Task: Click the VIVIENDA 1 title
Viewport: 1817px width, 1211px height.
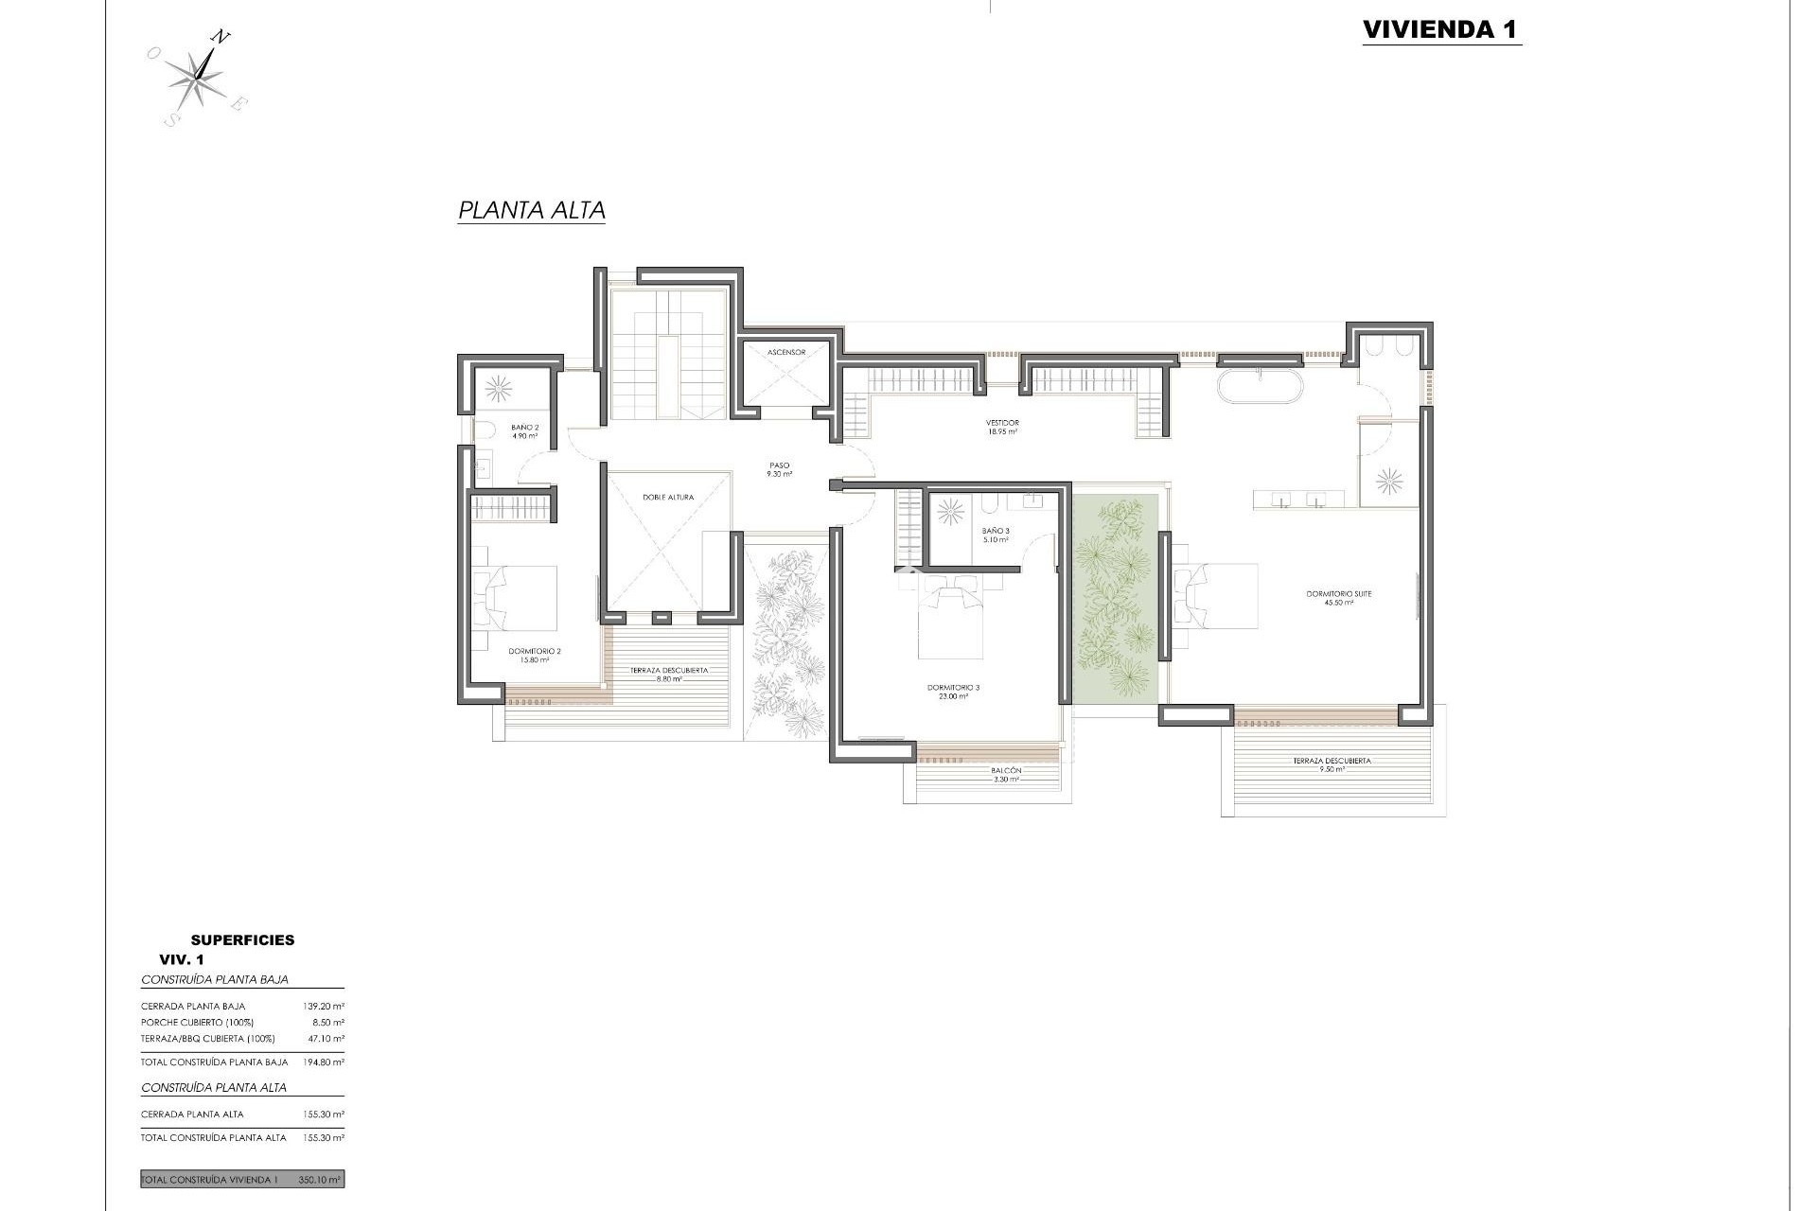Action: coord(1440,29)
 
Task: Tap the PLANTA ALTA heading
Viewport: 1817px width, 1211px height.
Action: coord(531,210)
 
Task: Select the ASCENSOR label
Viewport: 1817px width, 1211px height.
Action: coord(786,352)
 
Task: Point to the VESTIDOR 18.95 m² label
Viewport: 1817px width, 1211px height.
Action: coord(1002,427)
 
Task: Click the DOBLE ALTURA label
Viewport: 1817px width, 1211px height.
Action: coord(668,497)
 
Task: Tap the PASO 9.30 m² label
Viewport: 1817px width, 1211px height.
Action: coord(779,469)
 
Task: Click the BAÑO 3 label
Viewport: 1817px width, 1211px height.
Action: coord(996,535)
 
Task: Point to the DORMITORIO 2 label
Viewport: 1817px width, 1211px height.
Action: coord(535,655)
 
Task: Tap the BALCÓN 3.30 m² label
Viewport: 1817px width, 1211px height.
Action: coord(1006,774)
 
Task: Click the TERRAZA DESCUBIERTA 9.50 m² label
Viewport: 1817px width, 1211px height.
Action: coord(1332,764)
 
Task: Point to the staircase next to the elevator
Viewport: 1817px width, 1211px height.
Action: coord(668,355)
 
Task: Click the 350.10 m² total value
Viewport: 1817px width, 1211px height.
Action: coord(320,1180)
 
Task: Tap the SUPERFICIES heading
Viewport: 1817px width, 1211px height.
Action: coord(242,939)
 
